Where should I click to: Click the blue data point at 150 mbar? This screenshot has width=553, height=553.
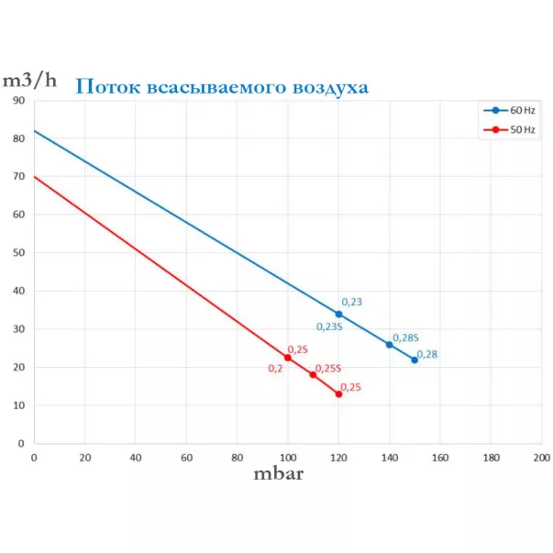pos(415,359)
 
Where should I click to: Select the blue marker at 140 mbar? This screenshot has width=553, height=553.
pos(389,345)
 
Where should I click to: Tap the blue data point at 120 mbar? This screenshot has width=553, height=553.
pos(338,315)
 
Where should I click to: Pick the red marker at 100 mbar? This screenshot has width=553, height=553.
pos(288,358)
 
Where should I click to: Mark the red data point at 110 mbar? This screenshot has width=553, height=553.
pos(313,374)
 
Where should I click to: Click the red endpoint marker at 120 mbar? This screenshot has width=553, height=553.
pos(338,394)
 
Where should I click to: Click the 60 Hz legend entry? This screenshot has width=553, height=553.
pos(510,111)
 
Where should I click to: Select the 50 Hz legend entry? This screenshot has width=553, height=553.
pos(510,130)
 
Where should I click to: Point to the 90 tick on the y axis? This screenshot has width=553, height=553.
pos(18,100)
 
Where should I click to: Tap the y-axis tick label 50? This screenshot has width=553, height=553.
pos(18,253)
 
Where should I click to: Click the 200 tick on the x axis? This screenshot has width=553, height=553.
pos(541,457)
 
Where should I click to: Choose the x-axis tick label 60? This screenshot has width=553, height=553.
pos(186,457)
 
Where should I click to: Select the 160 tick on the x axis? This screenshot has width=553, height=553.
pos(439,457)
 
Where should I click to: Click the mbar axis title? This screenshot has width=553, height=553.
pos(278,474)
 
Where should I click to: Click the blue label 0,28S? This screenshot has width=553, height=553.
pos(405,337)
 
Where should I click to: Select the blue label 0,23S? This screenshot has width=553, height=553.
pos(329,326)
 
